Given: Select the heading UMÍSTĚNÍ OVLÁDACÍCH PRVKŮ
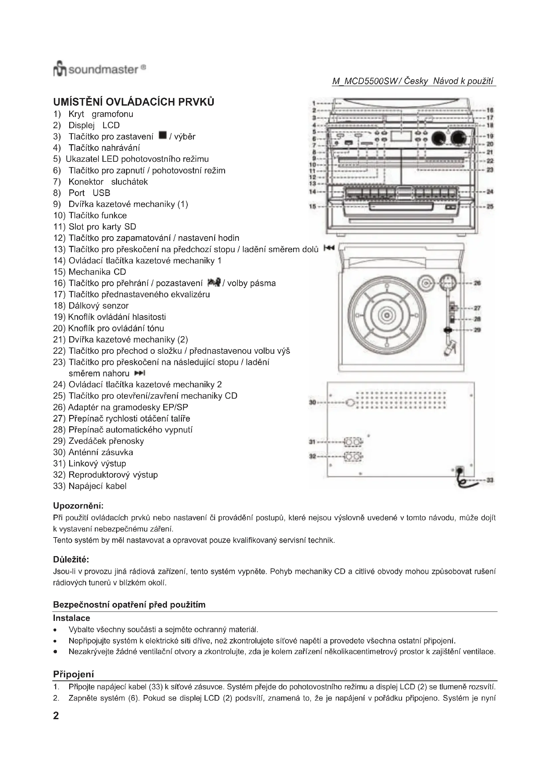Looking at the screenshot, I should pos(134,102).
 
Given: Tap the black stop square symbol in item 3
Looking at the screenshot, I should pos(163,136).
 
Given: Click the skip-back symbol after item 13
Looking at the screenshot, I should pos(329,248).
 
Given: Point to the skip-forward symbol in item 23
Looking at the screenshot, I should pos(140,373).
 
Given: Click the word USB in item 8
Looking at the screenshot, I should pos(101,193).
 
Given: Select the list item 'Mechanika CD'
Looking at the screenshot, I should pos(97,272).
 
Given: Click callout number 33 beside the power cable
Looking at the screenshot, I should pos(490,480).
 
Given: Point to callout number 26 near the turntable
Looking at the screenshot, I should pos(477,283).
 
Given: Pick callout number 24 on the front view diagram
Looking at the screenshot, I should pos(490,192).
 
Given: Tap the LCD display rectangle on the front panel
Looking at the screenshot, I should pos(401,136).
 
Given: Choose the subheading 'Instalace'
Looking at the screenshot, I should pos(71,618).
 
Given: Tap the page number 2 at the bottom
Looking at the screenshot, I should pos(56,716).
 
